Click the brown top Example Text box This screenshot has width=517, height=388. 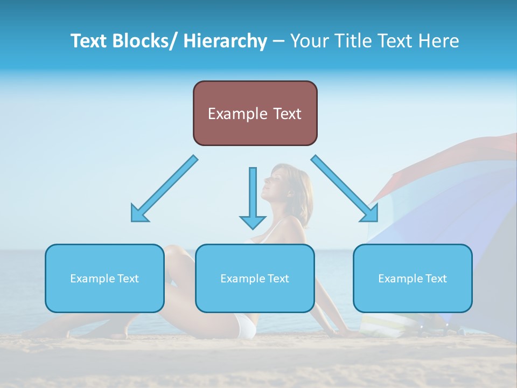click(255, 113)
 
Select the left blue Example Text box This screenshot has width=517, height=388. click(104, 278)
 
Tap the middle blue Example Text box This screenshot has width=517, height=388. click(255, 278)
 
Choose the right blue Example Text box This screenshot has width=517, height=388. click(413, 278)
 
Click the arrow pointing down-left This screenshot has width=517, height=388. click(164, 189)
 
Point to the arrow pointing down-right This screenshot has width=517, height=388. click(345, 189)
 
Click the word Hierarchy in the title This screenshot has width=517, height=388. click(225, 41)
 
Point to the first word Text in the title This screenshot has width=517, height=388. click(89, 41)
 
